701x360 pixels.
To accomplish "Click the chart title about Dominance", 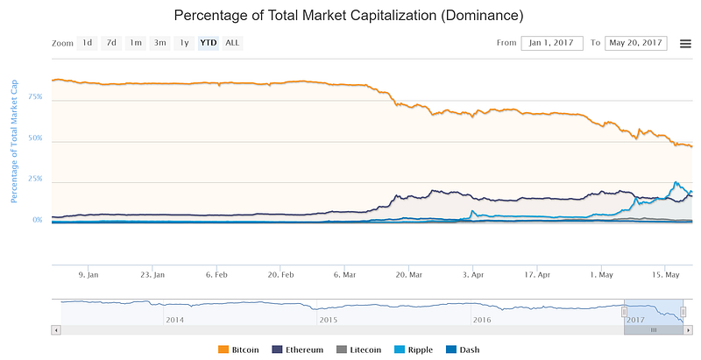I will (x=350, y=15).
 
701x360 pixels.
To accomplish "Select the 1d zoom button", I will (x=87, y=42).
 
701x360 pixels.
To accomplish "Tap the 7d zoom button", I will (x=111, y=42).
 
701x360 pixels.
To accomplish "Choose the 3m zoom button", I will (x=159, y=42).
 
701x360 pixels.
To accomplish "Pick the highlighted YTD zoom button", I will (x=209, y=42).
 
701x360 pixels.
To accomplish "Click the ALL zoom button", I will (x=232, y=42).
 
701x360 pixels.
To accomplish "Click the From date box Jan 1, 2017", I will (x=552, y=43).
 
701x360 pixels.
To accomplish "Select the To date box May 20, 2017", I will (x=635, y=43).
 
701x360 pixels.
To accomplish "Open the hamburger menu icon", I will (x=684, y=43).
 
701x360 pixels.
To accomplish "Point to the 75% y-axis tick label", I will (x=35, y=98).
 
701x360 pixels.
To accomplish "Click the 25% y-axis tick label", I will (x=35, y=179).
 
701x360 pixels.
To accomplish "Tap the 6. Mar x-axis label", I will (x=344, y=273).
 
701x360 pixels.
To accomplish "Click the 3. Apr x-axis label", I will (x=474, y=273).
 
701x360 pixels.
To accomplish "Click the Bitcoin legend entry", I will (x=239, y=349).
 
